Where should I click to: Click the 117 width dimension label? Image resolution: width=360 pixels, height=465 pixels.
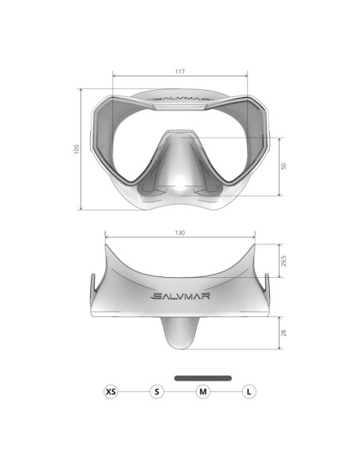[x=180, y=72]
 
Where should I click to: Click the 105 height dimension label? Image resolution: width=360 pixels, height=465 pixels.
[x=76, y=149]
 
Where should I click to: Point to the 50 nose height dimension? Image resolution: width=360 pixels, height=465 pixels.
[x=284, y=166]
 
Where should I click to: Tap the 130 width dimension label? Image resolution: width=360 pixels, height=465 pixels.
[x=180, y=232]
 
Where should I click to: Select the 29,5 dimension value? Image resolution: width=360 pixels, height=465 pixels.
[x=284, y=261]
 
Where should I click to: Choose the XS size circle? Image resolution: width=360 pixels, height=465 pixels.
[x=111, y=392]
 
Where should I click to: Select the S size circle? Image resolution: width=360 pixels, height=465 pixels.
[x=157, y=392]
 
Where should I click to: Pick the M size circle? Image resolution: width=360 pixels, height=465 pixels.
[x=203, y=392]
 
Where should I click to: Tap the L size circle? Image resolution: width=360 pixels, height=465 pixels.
[x=249, y=392]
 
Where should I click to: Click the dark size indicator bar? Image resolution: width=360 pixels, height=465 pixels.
[x=203, y=377]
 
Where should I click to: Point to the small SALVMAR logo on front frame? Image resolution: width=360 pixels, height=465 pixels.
[x=180, y=100]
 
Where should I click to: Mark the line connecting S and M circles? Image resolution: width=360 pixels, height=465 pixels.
[x=180, y=392]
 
